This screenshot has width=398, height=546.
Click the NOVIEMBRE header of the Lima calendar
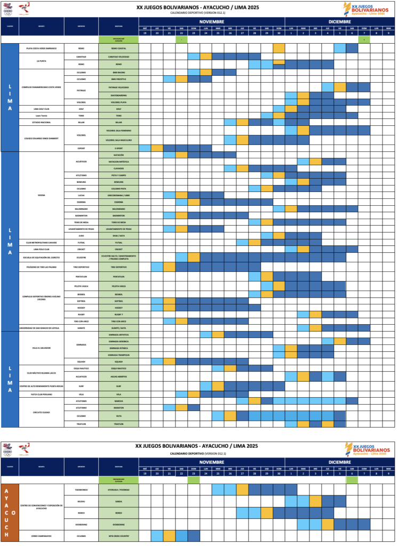(212, 20)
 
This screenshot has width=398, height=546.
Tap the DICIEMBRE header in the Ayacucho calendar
(340, 462)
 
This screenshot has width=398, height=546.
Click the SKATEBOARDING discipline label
(118, 95)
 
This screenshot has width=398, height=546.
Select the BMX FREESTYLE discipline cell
(118, 79)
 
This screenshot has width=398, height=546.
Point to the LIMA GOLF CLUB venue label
(42, 108)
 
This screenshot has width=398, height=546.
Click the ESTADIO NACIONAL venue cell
(42, 122)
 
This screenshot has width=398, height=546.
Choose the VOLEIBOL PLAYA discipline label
(118, 101)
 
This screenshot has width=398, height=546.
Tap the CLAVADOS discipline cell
(118, 168)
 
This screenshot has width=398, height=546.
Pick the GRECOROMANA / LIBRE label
(118, 195)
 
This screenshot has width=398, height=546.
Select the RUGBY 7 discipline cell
(118, 314)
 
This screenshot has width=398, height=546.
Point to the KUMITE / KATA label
(118, 327)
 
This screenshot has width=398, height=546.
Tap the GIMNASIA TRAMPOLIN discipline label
(118, 355)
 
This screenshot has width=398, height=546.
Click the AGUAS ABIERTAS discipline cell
(118, 376)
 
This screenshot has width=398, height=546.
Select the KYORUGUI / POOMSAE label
(118, 487)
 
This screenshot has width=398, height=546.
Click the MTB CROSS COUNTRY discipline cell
(118, 535)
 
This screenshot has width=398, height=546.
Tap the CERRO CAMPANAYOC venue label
(42, 535)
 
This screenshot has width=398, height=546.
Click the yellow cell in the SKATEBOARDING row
(303, 95)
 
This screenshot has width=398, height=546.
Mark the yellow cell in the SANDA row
(315, 501)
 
